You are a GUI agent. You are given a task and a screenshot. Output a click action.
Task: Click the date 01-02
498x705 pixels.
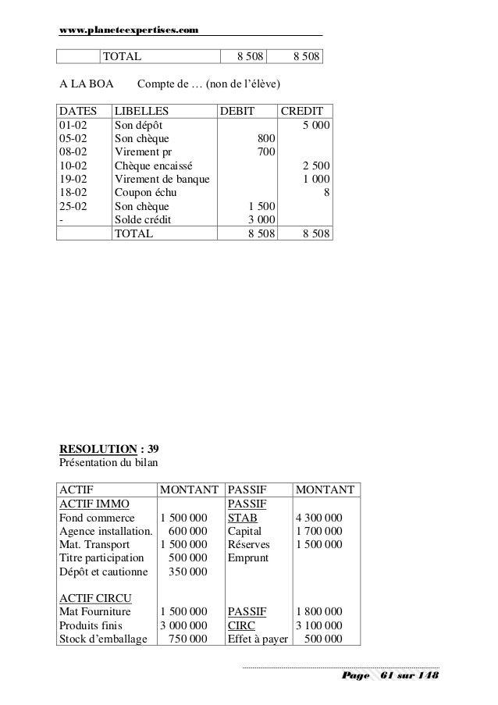73,125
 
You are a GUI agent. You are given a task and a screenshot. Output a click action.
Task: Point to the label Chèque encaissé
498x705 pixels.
155,166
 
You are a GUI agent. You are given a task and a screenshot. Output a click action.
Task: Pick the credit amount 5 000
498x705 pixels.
315,125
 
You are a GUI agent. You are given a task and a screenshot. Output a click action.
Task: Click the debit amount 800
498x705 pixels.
266,139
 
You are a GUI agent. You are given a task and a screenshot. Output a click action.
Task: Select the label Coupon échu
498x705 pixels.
146,194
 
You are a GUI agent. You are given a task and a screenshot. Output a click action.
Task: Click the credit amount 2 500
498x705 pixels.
315,166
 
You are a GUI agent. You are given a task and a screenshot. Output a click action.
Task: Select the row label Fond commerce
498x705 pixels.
97,517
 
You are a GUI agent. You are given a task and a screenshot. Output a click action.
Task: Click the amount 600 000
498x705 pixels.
187,531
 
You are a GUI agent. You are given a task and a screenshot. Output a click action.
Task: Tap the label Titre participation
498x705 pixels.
102,558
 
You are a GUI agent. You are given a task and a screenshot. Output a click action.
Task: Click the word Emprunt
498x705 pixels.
247,558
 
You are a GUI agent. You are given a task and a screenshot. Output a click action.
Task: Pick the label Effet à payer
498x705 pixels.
256,639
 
